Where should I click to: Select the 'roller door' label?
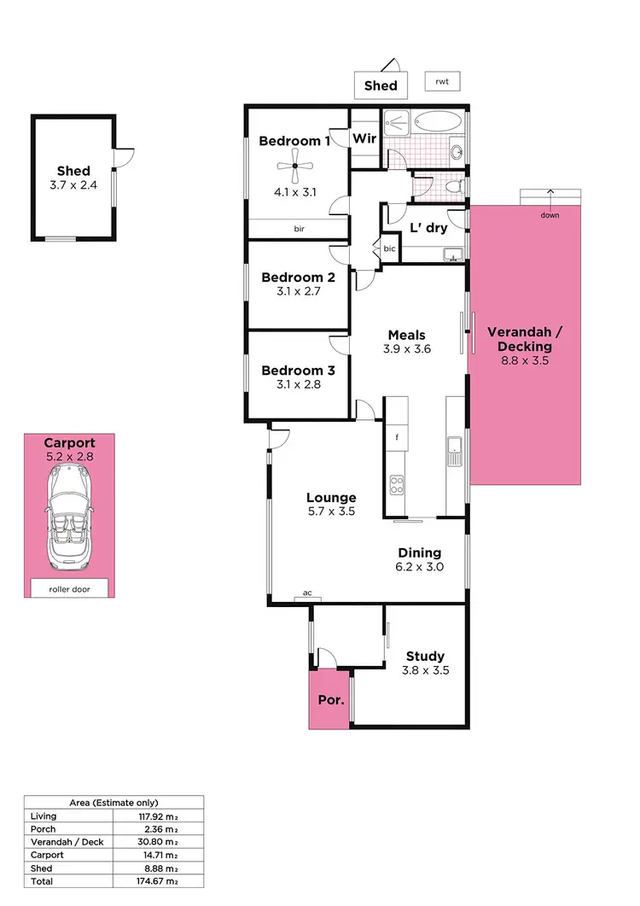tap(69, 588)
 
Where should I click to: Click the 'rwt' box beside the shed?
tap(442, 83)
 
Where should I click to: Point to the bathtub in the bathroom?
tap(439, 123)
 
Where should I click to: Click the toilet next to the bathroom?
tap(455, 184)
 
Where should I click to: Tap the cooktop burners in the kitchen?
tap(397, 484)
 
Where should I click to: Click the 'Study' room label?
tap(425, 656)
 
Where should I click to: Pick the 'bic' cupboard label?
tap(389, 248)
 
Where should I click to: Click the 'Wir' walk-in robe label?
tap(365, 138)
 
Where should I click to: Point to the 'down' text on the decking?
tap(550, 215)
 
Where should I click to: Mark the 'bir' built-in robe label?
tap(300, 229)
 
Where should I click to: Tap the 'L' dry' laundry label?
tap(428, 228)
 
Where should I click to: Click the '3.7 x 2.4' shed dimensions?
tap(73, 184)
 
